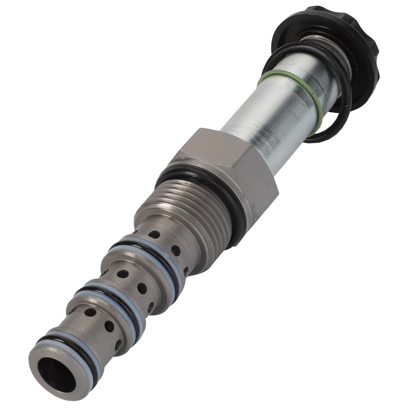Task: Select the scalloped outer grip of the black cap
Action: (367, 48)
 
